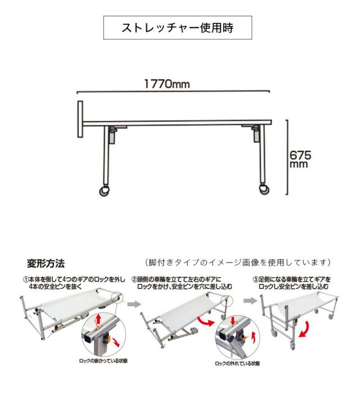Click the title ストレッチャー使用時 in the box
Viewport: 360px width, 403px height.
(x=177, y=28)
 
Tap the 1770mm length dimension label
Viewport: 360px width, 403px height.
(x=166, y=84)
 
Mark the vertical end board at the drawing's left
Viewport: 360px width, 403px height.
(x=80, y=120)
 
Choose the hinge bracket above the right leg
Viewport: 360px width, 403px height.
(x=254, y=133)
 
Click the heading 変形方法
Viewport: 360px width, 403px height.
(x=46, y=263)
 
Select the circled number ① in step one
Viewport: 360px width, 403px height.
(x=26, y=279)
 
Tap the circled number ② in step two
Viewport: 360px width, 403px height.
(x=134, y=279)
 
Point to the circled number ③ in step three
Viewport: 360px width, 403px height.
(x=255, y=279)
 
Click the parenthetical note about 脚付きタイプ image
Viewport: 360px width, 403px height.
(x=238, y=262)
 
